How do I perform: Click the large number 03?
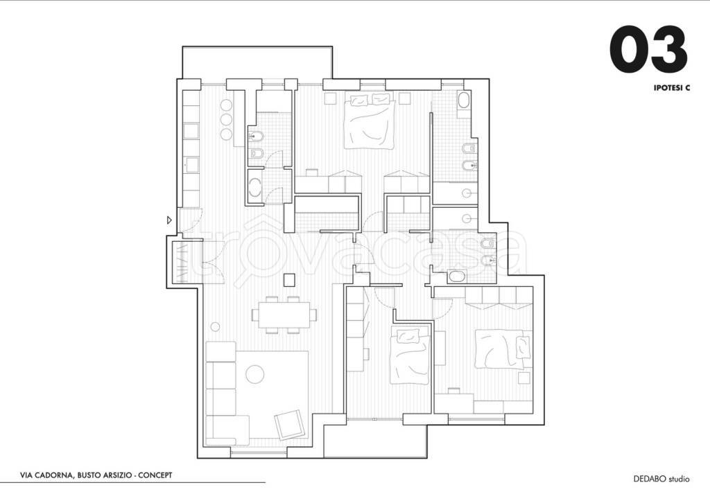[648, 49]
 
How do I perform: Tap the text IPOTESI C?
[671, 88]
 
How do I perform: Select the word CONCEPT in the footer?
[155, 475]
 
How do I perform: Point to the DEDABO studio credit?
[661, 479]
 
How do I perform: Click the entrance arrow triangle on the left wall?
[169, 220]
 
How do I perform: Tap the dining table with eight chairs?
[284, 315]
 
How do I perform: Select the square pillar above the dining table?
[289, 280]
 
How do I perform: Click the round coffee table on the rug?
[254, 374]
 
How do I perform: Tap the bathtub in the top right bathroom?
[464, 100]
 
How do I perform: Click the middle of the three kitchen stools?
[226, 120]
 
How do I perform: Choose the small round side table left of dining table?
[216, 326]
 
